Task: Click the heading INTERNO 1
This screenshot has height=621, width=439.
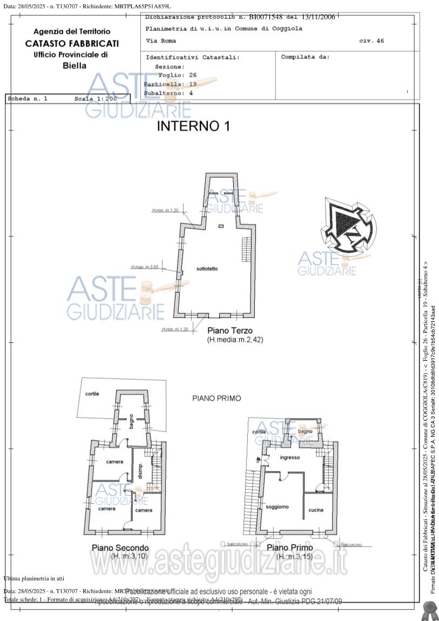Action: coord(193,126)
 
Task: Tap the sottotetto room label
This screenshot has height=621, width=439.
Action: coord(207,269)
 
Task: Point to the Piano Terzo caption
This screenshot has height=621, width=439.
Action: coord(230,330)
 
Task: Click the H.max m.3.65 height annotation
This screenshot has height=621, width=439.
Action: coord(145,267)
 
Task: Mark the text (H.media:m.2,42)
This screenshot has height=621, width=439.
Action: coord(235,340)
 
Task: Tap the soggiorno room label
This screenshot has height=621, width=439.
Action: coord(277,507)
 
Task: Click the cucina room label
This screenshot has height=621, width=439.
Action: coord(316,510)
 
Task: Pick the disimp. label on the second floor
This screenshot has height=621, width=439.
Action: coord(140,472)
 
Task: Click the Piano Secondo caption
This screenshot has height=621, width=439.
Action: coord(120,547)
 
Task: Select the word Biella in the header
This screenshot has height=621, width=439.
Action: coord(75,66)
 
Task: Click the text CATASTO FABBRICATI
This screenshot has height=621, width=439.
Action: coord(72,43)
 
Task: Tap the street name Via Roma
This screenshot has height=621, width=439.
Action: coord(161,41)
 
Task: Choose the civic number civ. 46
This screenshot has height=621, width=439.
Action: coord(372,41)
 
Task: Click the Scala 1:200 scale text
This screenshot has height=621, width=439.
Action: coord(96,99)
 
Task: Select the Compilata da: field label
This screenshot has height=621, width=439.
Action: coord(305,57)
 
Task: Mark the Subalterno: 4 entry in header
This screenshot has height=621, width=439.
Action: coord(168,93)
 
